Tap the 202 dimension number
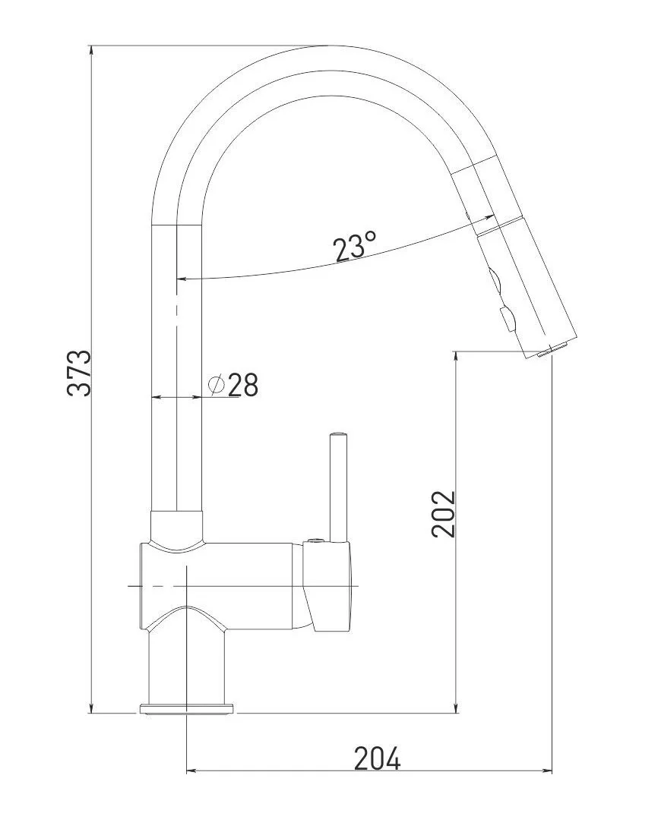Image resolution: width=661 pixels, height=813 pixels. pyautogui.click(x=443, y=513)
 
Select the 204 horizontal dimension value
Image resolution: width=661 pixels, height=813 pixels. pyautogui.click(x=377, y=759)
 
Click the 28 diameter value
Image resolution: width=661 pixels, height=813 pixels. pyautogui.click(x=243, y=384)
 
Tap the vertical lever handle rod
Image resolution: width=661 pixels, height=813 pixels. pyautogui.click(x=338, y=487)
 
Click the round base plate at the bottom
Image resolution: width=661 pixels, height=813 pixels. pyautogui.click(x=185, y=709)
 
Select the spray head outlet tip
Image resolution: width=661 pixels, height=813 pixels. pyautogui.click(x=550, y=351)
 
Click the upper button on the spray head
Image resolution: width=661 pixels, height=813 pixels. pyautogui.click(x=495, y=282)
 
